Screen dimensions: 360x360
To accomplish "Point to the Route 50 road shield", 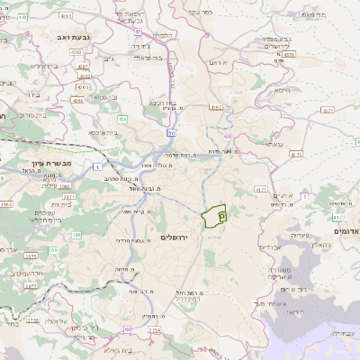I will (x=170, y=133).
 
